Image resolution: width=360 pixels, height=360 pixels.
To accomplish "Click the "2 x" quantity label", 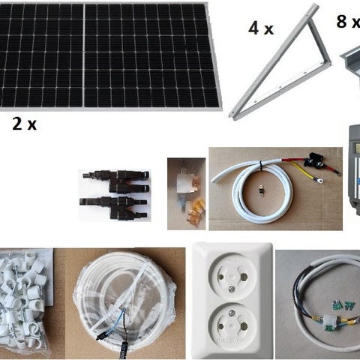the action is point(24,124).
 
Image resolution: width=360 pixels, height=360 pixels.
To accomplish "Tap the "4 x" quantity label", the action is point(261,28).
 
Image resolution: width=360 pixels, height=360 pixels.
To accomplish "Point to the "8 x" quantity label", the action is point(348,21).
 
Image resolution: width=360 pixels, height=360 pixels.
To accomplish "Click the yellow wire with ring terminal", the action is point(306,171).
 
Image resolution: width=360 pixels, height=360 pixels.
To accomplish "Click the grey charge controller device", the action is point(355,170).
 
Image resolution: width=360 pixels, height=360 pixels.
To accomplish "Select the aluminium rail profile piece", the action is point(350,65).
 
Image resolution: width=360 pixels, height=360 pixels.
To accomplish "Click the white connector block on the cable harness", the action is point(331,321).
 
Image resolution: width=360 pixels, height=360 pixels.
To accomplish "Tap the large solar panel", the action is point(110,56).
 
